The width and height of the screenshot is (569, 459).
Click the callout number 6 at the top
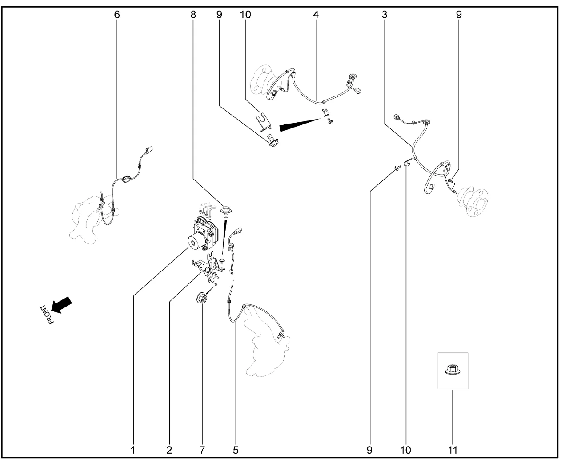117,15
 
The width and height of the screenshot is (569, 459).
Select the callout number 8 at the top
193,15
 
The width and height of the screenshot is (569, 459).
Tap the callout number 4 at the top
316,15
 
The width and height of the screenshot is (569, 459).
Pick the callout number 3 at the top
385,15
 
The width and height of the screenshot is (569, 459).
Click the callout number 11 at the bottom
453,450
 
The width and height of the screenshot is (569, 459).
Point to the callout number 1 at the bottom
133,450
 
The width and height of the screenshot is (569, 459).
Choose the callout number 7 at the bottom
202,450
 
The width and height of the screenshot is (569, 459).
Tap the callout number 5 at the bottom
236,450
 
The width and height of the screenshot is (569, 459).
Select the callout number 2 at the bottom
169,450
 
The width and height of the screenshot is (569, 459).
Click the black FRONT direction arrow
62,305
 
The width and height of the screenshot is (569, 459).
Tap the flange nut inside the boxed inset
453,370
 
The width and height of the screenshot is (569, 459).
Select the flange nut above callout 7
202,298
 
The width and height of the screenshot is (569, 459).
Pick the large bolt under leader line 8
226,212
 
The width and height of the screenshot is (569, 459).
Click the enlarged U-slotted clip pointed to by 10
263,122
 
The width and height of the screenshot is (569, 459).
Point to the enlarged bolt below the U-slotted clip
272,140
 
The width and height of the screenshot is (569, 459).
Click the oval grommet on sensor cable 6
125,179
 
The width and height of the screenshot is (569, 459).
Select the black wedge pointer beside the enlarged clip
300,125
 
